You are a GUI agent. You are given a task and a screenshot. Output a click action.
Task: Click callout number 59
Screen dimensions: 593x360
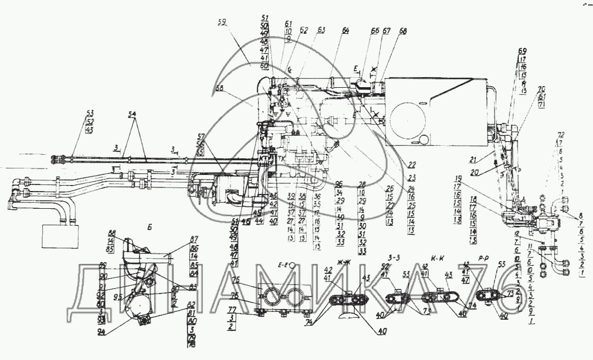tap(222, 24)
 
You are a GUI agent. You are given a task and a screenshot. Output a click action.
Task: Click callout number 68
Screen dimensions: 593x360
tap(403, 31)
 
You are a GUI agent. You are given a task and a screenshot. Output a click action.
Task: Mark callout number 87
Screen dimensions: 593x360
tap(176, 240)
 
